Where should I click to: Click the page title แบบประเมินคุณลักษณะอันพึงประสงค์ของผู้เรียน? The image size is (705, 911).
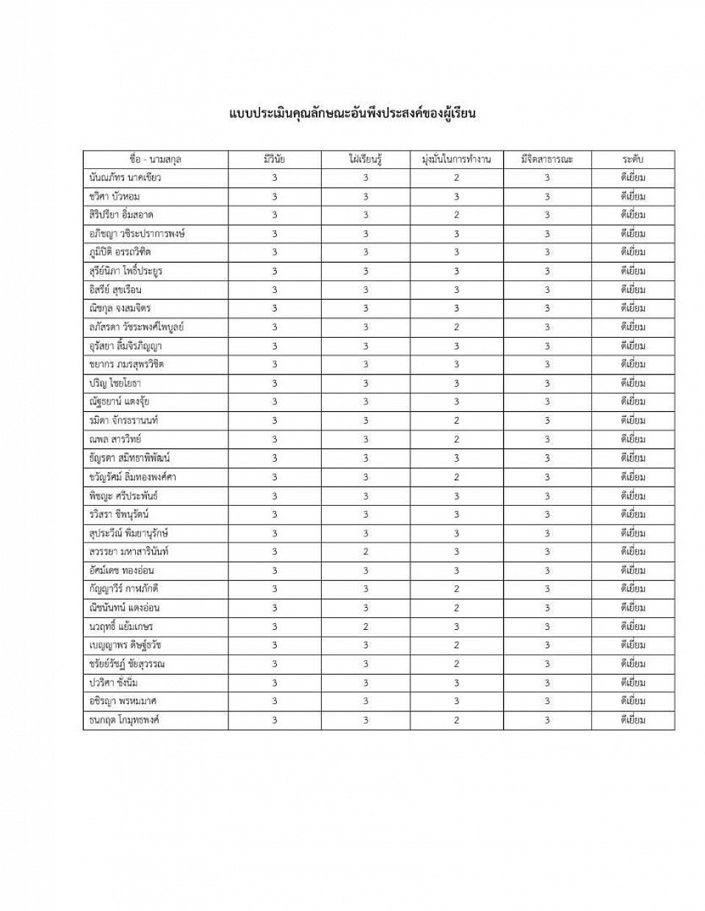coord(352,114)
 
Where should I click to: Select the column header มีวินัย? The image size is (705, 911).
coord(275,159)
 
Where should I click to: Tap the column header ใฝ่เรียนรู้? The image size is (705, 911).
coord(366,159)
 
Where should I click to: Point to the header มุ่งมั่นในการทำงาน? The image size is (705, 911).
coord(456,159)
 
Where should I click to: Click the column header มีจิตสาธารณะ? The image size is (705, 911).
coord(547,159)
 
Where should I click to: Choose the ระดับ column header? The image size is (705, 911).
coord(632,159)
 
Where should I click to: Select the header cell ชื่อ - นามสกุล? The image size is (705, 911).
coord(155,159)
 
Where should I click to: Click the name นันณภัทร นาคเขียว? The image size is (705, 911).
coord(124,178)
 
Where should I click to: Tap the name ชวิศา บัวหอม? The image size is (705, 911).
coord(114,197)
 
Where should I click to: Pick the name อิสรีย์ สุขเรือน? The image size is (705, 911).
coord(115,290)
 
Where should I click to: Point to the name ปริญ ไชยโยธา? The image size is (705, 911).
coord(115,383)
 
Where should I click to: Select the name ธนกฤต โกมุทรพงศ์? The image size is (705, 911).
coord(124,720)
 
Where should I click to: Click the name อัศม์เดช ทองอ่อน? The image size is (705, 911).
coord(121,570)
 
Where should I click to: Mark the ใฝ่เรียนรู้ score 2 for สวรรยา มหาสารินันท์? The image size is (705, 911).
coord(366,551)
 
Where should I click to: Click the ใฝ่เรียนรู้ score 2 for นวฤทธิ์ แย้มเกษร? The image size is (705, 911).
coord(366,626)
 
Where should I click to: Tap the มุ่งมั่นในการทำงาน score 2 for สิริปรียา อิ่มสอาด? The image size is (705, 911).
coord(456,215)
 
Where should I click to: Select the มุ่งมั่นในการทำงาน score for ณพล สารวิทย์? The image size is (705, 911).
coord(456,439)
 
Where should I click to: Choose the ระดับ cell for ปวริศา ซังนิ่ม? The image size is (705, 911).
coord(632,683)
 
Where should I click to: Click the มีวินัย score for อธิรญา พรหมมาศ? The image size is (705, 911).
coord(275,701)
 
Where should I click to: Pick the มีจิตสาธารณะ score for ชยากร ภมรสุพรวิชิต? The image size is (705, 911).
coord(547,364)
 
